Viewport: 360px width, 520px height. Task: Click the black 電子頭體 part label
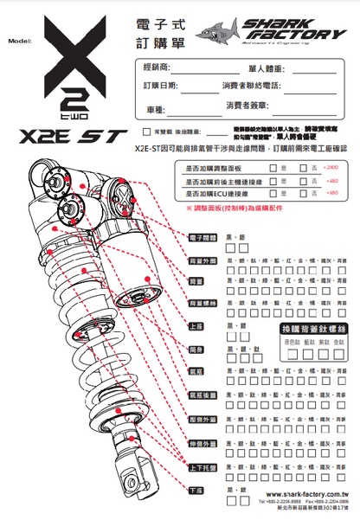click(202, 236)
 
